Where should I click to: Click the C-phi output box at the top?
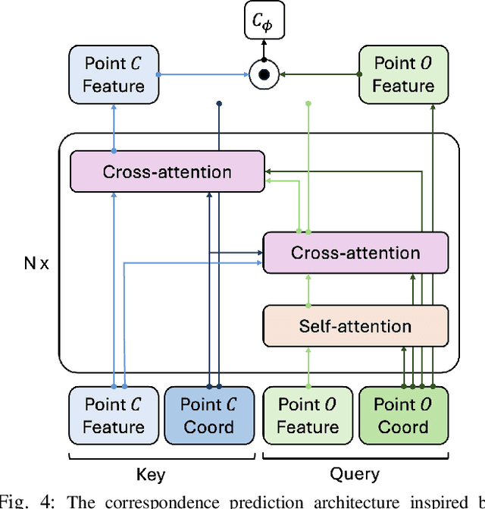pyautogui.click(x=262, y=20)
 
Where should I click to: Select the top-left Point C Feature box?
pyautogui.click(x=114, y=74)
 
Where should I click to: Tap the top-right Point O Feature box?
pyautogui.click(x=403, y=74)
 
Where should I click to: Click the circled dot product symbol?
pyautogui.click(x=262, y=74)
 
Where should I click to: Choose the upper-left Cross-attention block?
pyautogui.click(x=167, y=171)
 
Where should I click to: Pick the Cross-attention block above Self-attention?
pyautogui.click(x=355, y=253)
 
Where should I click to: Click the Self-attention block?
pyautogui.click(x=355, y=326)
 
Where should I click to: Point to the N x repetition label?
pyautogui.click(x=36, y=265)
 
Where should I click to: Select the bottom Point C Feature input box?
pyautogui.click(x=114, y=415)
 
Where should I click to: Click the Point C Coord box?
pyautogui.click(x=209, y=415)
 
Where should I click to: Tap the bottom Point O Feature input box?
pyautogui.click(x=307, y=415)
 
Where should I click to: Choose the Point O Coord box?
pyautogui.click(x=403, y=415)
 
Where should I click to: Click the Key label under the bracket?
pyautogui.click(x=151, y=474)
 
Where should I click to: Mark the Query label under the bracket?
pyautogui.click(x=355, y=474)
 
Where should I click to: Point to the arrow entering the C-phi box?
pyautogui.click(x=262, y=48)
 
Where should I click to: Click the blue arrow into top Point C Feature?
pyautogui.click(x=114, y=121)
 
